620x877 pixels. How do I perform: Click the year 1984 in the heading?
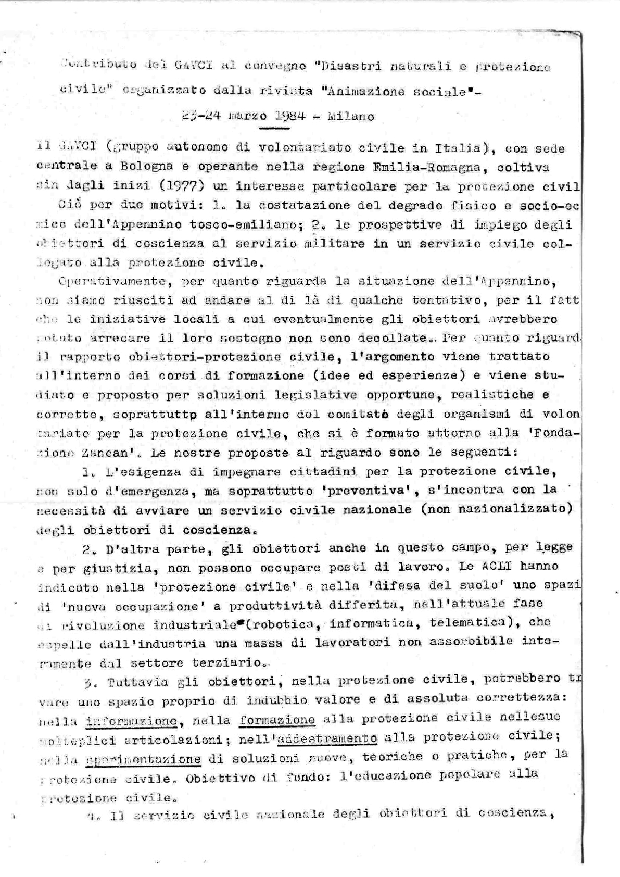tap(289, 116)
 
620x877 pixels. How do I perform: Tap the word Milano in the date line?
tap(351, 116)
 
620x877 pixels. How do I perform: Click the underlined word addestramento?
tap(328, 738)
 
